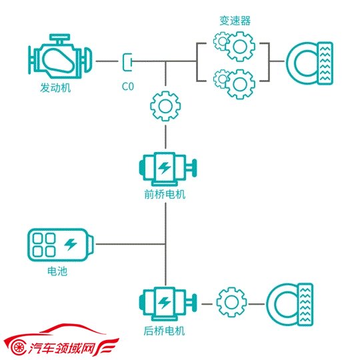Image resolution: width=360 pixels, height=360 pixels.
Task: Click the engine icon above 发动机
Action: tap(60, 57)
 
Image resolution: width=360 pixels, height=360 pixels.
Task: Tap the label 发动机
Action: tap(55, 87)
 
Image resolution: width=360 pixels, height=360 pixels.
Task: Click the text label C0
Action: tap(127, 87)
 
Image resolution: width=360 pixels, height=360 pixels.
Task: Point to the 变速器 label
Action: tap(235, 21)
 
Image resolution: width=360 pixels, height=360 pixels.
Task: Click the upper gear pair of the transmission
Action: tap(234, 46)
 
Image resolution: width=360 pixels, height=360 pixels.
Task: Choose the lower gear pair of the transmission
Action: tap(234, 84)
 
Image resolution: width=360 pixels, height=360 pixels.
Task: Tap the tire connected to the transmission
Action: tap(309, 63)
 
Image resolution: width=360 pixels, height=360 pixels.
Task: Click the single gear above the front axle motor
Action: tap(165, 106)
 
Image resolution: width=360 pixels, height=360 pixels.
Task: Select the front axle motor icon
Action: tap(168, 169)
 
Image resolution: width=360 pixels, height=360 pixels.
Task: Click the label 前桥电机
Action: tap(165, 195)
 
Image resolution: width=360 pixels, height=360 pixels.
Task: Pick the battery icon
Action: tap(61, 245)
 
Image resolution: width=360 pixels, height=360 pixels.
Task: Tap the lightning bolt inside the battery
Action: tap(71, 244)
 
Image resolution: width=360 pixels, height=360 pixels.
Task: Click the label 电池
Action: tap(57, 271)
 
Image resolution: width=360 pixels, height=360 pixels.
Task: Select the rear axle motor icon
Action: tap(168, 303)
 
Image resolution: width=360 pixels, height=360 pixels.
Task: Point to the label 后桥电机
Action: tap(165, 331)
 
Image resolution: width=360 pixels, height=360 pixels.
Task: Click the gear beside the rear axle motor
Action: tap(231, 302)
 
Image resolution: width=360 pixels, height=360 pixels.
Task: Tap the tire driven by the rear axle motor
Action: tap(290, 305)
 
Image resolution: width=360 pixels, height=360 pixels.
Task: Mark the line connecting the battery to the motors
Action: tap(131, 244)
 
